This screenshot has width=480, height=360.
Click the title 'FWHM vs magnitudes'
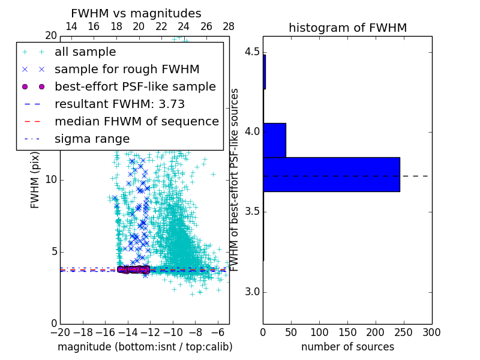click(x=136, y=13)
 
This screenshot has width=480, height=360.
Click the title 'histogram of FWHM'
click(x=347, y=28)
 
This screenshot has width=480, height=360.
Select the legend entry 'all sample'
click(x=85, y=52)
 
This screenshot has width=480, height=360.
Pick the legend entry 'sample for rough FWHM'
click(x=127, y=69)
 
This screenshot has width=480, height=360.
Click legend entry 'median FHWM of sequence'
click(x=136, y=121)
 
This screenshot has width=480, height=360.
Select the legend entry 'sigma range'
click(x=92, y=139)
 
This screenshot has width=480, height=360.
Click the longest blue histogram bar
click(x=331, y=174)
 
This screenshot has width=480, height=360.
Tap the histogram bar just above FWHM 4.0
click(x=274, y=140)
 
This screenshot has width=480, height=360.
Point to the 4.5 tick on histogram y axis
click(x=251, y=52)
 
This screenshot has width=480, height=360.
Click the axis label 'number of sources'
click(x=347, y=347)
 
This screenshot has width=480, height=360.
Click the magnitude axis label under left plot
click(x=145, y=347)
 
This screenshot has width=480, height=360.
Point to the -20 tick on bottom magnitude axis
click(x=60, y=332)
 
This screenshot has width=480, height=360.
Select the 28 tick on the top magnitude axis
click(x=229, y=26)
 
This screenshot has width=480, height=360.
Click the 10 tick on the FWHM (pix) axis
click(x=51, y=180)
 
